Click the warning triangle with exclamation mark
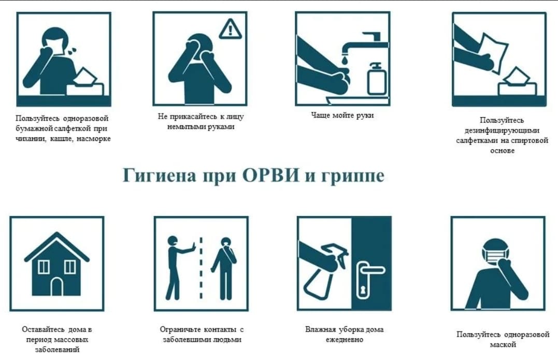tap(230, 29)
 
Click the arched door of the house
tap(56, 287)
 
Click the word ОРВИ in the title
tap(270, 176)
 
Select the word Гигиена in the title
tap(159, 176)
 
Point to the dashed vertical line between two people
tap(201, 267)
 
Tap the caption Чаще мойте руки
tap(342, 116)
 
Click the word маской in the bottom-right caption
tap(503, 344)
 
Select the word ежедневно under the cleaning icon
tap(344, 340)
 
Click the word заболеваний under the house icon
tap(57, 350)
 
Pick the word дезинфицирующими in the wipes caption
tap(502, 131)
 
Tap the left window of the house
tap(44, 266)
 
